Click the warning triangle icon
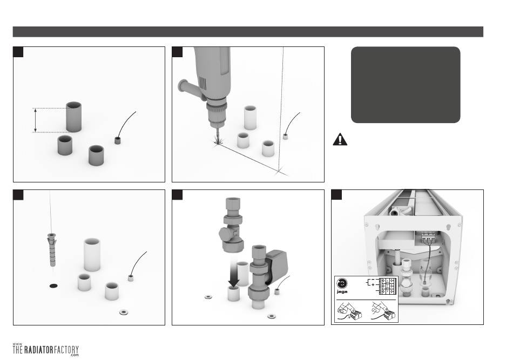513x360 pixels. [x=340, y=139]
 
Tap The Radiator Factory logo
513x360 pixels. [x=45, y=350]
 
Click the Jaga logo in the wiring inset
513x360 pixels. [x=342, y=286]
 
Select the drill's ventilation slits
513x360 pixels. [x=203, y=84]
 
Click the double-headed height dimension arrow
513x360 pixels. [x=35, y=120]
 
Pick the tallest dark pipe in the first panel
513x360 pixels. [x=73, y=117]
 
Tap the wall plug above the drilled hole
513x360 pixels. [x=52, y=249]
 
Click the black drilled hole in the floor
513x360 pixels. [x=53, y=286]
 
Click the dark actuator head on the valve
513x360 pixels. [x=277, y=263]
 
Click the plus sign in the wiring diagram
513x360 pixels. [x=373, y=285]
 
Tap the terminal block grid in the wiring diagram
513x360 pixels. [x=388, y=286]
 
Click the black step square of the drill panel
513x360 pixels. [x=177, y=52]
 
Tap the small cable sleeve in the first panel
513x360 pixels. [x=118, y=140]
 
